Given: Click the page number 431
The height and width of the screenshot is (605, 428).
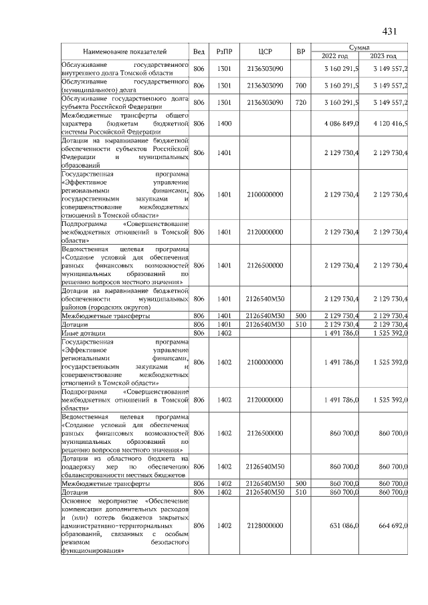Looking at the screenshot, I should click(390, 31).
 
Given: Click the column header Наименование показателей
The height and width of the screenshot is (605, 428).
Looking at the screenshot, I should click(125, 51).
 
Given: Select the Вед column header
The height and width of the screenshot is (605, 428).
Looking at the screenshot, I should click(199, 51).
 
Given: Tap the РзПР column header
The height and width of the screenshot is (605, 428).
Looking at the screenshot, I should click(223, 51).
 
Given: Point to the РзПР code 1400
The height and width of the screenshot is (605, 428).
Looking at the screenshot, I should click(223, 124).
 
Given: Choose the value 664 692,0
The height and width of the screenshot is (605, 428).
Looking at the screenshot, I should click(393, 526).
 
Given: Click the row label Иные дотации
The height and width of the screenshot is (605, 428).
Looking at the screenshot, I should click(78, 332).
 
